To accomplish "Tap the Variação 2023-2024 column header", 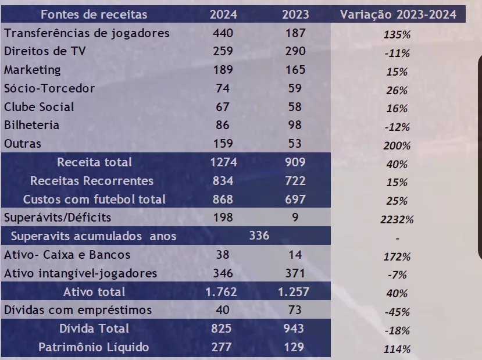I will point(398,15).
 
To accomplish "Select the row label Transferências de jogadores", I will point(87,33).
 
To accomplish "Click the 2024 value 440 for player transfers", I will point(223,33).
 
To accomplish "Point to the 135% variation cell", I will point(397,35).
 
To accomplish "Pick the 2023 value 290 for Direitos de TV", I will point(295,51).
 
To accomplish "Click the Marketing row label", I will point(32,70).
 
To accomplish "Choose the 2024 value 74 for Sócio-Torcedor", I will point(223,88).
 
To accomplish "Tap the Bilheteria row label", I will point(32,125).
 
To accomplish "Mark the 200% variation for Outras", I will point(397,146).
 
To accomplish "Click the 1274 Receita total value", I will point(223,162).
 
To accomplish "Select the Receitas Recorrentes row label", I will point(92,181).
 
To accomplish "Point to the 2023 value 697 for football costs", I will point(295,199).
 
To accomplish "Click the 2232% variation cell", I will point(397,220).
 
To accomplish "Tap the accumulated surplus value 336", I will point(259,236).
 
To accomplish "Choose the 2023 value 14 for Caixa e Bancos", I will point(295,255).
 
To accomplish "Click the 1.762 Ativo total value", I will point(223,291).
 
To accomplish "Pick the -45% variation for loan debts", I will point(397,312).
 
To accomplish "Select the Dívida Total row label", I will point(94,329).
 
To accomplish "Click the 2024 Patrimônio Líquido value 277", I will point(223,347).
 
